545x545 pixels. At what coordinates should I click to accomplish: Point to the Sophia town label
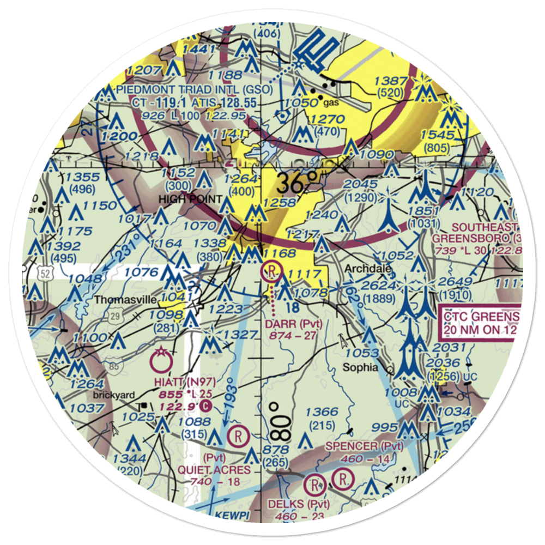point(360,367)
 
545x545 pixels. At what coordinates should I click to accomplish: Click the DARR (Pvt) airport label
point(294,324)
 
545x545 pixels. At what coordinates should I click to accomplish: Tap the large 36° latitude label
point(296,184)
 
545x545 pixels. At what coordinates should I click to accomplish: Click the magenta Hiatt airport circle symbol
point(162,360)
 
